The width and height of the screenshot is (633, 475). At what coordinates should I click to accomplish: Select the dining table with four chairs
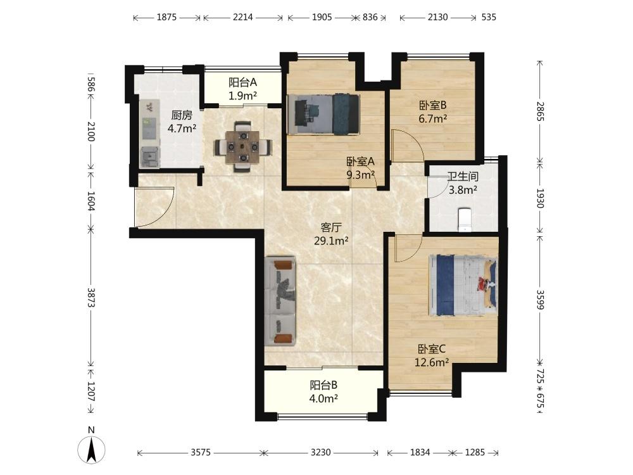pos(242,147)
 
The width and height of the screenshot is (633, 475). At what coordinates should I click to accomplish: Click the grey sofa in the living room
pos(280,301)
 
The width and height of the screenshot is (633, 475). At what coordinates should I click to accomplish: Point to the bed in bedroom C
pos(463,285)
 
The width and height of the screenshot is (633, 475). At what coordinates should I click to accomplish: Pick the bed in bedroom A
pos(323,114)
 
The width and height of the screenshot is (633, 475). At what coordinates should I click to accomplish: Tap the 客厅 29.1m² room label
pos(331,234)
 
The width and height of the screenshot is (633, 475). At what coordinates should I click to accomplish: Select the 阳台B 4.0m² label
pos(323,392)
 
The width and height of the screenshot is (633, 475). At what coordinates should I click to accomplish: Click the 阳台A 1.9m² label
pos(242,89)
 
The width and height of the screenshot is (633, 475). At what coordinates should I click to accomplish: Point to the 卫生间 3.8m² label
pos(463,183)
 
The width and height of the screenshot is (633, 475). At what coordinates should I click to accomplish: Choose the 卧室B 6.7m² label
pos(432,112)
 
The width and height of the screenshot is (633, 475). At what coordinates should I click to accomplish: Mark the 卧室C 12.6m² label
pos(432,355)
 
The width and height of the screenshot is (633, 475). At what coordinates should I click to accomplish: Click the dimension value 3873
pos(91,298)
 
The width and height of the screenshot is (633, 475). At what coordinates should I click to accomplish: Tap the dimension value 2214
pos(243,17)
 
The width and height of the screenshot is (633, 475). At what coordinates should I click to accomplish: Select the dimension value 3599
pos(540,300)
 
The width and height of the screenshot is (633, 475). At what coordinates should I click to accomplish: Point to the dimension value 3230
pos(320,452)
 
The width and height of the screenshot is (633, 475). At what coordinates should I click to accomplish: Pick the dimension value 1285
pos(475,452)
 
